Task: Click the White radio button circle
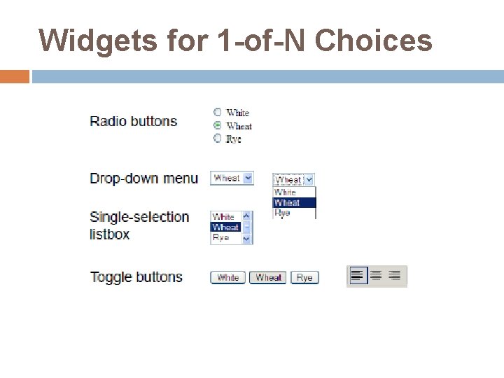click(218, 112)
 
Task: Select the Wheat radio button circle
click(218, 125)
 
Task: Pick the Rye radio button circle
click(218, 139)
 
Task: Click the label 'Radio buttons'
click(134, 121)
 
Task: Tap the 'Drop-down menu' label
click(143, 178)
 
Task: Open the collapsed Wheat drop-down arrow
click(248, 178)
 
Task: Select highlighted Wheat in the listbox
click(225, 227)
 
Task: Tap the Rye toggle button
click(304, 277)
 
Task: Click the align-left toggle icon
click(358, 276)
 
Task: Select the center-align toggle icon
click(377, 276)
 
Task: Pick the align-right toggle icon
click(395, 276)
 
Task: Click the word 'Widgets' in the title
click(98, 41)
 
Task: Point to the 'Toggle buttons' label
click(136, 276)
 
